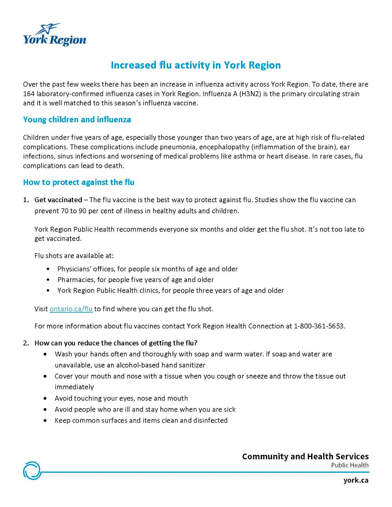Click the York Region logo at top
[x=55, y=35]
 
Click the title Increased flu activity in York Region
[x=196, y=65]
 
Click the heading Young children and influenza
[x=77, y=119]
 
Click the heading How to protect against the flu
[x=79, y=182]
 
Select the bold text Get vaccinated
[x=58, y=200]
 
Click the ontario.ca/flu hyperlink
[x=71, y=309]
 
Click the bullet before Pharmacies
[x=48, y=280]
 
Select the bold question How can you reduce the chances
[x=116, y=343]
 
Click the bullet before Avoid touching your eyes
[x=46, y=398]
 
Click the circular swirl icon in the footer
[x=32, y=470]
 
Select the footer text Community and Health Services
[x=305, y=456]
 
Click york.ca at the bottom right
[x=356, y=480]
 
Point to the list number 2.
[x=26, y=343]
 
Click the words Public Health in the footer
[x=350, y=465]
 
